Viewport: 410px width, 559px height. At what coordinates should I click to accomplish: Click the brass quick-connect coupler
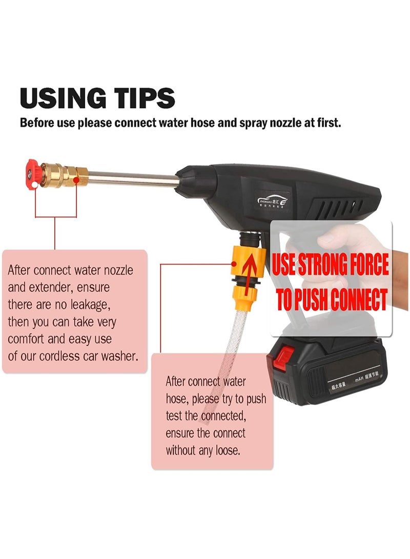pos(60,173)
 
